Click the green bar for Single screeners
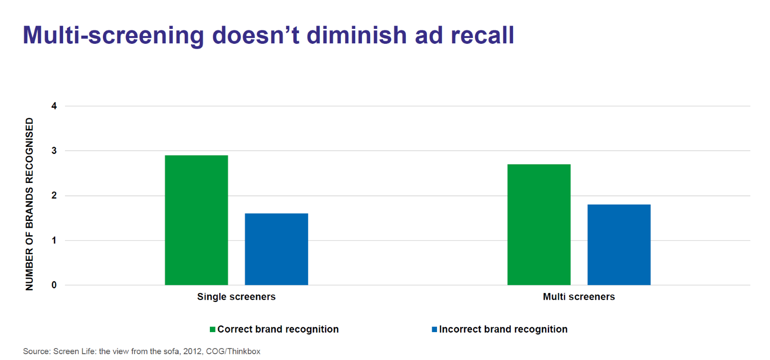pyautogui.click(x=196, y=220)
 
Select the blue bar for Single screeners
pyautogui.click(x=276, y=249)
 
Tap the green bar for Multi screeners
pyautogui.click(x=539, y=225)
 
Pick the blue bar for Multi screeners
pyautogui.click(x=619, y=245)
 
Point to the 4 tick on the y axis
pyautogui.click(x=54, y=106)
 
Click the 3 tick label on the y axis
pyautogui.click(x=54, y=151)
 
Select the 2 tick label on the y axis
pyautogui.click(x=54, y=196)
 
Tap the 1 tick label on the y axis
pyautogui.click(x=54, y=240)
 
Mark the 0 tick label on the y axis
pyautogui.click(x=54, y=285)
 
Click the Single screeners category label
pyautogui.click(x=236, y=297)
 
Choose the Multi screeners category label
pyautogui.click(x=579, y=297)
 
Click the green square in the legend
pyautogui.click(x=212, y=329)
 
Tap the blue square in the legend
pyautogui.click(x=435, y=329)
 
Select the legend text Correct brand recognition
pyautogui.click(x=278, y=329)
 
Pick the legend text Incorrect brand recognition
pyautogui.click(x=503, y=329)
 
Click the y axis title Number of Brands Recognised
pyautogui.click(x=29, y=204)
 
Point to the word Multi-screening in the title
pyautogui.click(x=114, y=35)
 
